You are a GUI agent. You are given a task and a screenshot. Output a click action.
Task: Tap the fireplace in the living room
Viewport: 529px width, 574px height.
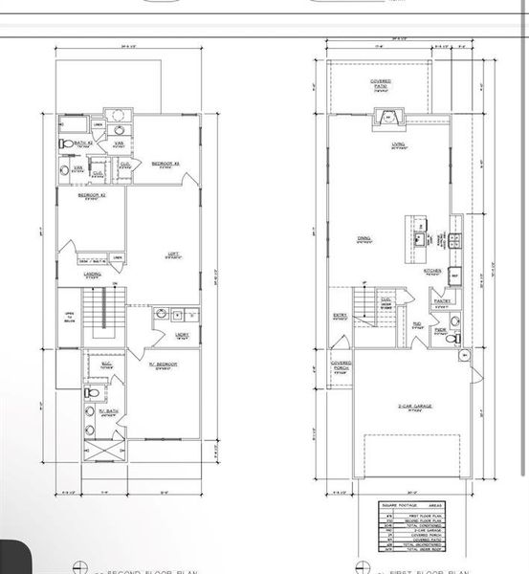point(388,119)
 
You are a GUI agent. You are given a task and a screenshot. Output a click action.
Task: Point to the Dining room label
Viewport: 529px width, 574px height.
point(365,240)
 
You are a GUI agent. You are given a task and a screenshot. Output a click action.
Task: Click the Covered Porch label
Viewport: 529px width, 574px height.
point(342,365)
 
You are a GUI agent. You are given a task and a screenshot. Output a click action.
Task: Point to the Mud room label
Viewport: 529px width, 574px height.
point(417,324)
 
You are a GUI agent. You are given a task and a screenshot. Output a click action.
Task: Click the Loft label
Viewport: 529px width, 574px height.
point(173,254)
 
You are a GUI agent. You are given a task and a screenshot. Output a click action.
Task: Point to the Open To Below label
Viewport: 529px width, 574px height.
point(69,320)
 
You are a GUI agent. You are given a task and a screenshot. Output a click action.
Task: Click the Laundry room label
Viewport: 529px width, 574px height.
point(182,335)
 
